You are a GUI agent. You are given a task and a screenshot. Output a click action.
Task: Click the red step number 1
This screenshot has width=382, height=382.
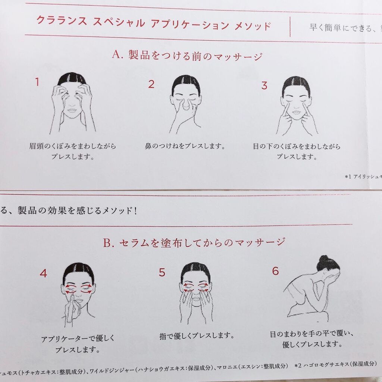click(x=37, y=82)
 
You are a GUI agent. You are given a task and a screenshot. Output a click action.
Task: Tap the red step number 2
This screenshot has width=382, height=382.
click(x=151, y=84)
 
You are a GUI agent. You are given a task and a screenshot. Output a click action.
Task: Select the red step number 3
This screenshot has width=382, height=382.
click(x=264, y=86)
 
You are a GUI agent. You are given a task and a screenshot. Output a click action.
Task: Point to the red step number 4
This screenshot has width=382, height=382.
click(x=43, y=273)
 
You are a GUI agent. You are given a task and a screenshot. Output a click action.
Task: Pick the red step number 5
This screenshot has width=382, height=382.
click(x=162, y=272)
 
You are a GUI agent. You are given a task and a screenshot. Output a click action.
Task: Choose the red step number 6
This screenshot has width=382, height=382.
click(x=275, y=271)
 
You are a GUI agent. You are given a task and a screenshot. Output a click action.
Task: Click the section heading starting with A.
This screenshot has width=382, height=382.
click(x=187, y=56)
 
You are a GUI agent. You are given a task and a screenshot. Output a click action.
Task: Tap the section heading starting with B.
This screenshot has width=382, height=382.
click(x=194, y=243)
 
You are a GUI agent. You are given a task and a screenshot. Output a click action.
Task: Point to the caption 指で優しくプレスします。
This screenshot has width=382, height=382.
click(x=197, y=336)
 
